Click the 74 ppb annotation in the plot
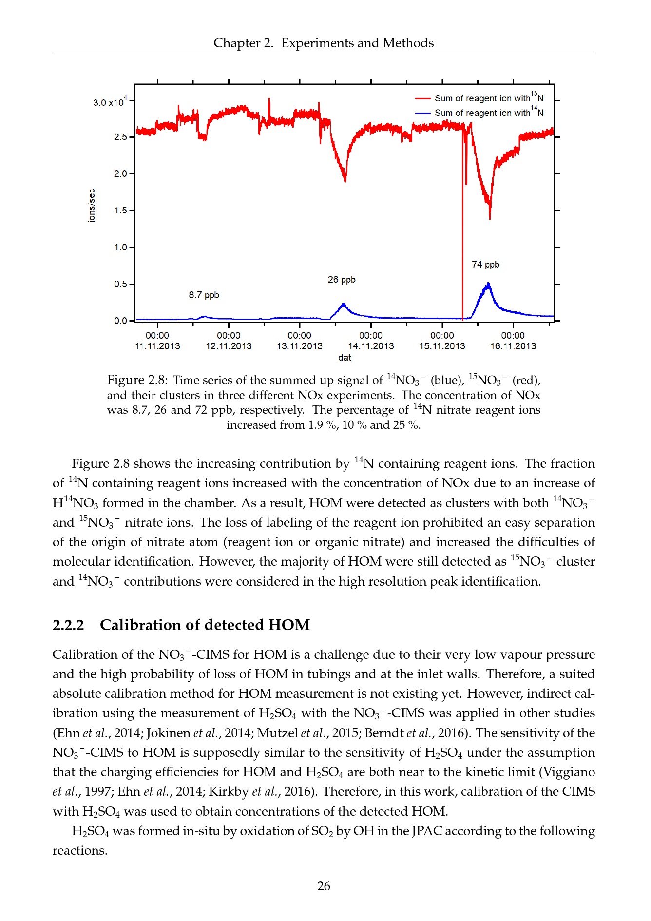[x=485, y=265]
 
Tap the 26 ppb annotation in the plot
[x=342, y=280]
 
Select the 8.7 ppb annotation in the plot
[x=204, y=295]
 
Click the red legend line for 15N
[x=422, y=98]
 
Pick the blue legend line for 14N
[x=422, y=113]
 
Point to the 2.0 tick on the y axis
[x=120, y=174]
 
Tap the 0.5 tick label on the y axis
[x=120, y=284]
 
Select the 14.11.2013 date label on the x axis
[x=371, y=346]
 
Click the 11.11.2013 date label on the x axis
[x=157, y=346]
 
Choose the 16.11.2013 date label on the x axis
[x=513, y=346]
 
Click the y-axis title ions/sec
[x=92, y=206]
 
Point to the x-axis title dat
[x=345, y=358]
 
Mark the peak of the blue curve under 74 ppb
[x=488, y=284]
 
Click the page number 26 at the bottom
[x=324, y=886]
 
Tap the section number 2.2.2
[x=68, y=625]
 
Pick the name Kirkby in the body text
[x=229, y=791]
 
